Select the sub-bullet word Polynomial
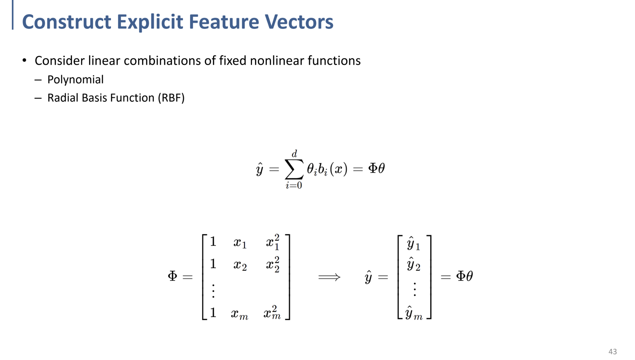75,80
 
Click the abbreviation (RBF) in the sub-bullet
171,98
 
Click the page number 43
612,352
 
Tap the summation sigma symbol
294,169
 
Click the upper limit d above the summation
294,154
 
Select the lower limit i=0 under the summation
294,185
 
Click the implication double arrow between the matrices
329,277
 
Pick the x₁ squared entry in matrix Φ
273,242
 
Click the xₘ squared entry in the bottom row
272,313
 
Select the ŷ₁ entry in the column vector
413,244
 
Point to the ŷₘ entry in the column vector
414,313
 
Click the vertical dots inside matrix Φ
213,291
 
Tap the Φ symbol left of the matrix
173,276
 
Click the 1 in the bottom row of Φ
213,313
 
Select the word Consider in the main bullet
60,61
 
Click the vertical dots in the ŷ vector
415,289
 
